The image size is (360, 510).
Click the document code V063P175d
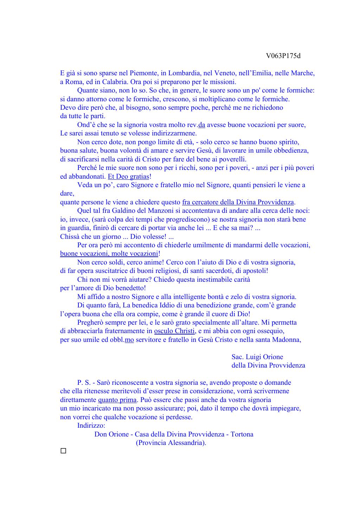[283, 56]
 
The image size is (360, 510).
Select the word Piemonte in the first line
[143, 73]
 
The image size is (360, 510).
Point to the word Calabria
[115, 82]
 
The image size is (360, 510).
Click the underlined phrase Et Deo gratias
[128, 177]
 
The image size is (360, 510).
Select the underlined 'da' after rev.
[202, 125]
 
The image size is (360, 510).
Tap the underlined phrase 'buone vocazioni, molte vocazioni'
[109, 254]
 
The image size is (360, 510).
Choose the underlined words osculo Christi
[174, 331]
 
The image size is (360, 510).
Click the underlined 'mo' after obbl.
[129, 340]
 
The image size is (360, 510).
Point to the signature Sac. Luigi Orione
[257, 357]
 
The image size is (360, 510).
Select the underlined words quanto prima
[117, 400]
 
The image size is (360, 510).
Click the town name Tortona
[242, 434]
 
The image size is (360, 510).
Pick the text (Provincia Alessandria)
[171, 442]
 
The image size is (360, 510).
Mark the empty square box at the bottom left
[63, 451]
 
